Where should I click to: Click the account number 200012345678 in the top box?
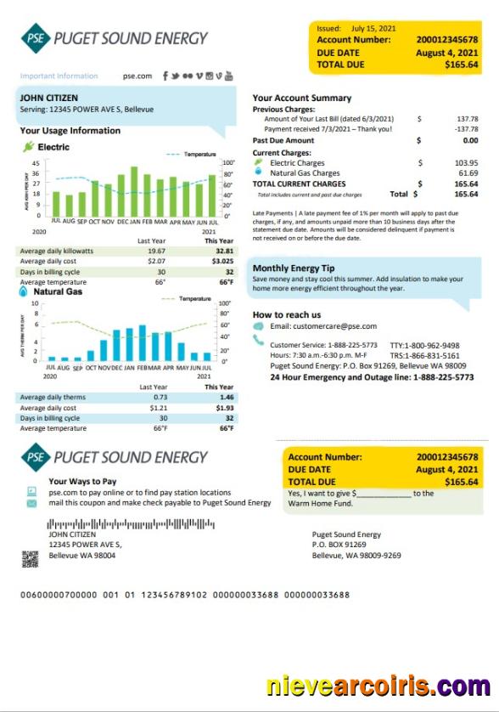tap(447, 40)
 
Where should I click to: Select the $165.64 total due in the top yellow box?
tap(461, 64)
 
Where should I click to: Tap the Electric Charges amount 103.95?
tap(466, 162)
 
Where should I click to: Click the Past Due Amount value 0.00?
tap(469, 140)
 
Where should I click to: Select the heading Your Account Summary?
tap(301, 98)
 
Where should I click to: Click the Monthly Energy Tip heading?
tap(294, 268)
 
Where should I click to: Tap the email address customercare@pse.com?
tap(323, 326)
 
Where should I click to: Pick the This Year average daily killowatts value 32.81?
tap(224, 251)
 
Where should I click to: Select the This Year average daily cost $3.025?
tap(222, 262)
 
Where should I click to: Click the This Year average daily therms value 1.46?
tap(226, 397)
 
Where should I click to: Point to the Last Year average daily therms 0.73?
tap(160, 397)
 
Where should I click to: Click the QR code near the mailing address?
tap(31, 558)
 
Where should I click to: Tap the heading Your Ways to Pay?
tap(82, 481)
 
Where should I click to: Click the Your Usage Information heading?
tap(70, 131)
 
